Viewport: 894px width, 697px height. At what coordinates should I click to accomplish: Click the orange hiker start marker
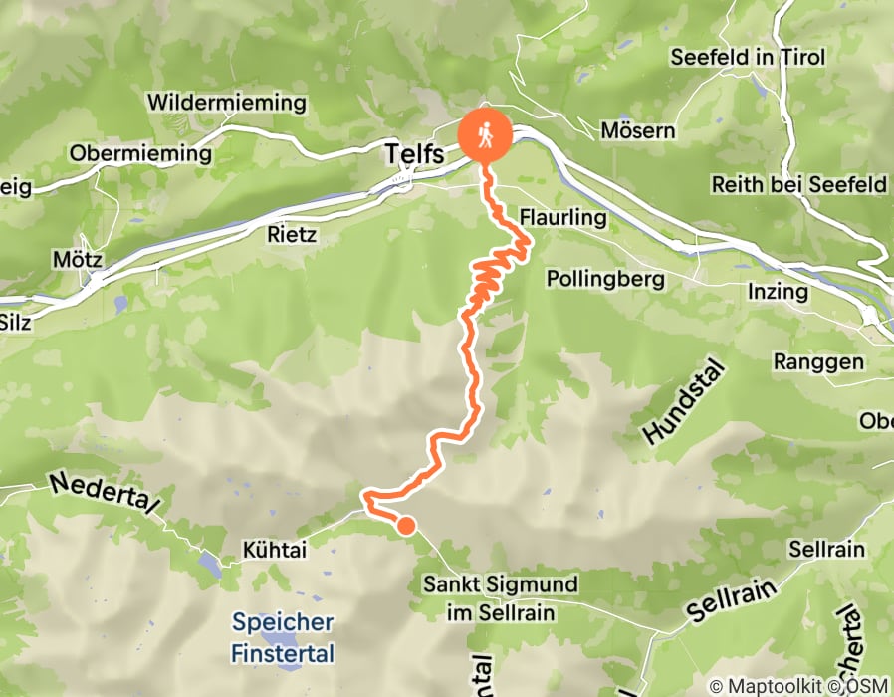pyautogui.click(x=485, y=135)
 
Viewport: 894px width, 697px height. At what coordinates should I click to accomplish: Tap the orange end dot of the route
pyautogui.click(x=406, y=526)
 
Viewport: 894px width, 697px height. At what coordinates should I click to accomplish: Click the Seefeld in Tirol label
pyautogui.click(x=748, y=57)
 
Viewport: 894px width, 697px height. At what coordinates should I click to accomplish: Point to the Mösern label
pyautogui.click(x=638, y=130)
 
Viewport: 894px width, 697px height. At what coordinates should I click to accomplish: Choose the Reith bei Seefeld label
pyautogui.click(x=798, y=184)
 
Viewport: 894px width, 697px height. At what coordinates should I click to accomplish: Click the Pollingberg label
pyautogui.click(x=605, y=279)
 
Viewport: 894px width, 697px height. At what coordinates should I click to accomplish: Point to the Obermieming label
pyautogui.click(x=140, y=154)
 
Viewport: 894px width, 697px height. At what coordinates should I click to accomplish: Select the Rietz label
pyautogui.click(x=292, y=235)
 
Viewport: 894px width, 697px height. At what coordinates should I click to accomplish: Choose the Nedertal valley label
pyautogui.click(x=103, y=494)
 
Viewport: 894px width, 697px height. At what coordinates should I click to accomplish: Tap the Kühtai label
pyautogui.click(x=273, y=549)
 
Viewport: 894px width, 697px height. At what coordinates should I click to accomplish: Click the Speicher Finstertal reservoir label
pyautogui.click(x=283, y=638)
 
